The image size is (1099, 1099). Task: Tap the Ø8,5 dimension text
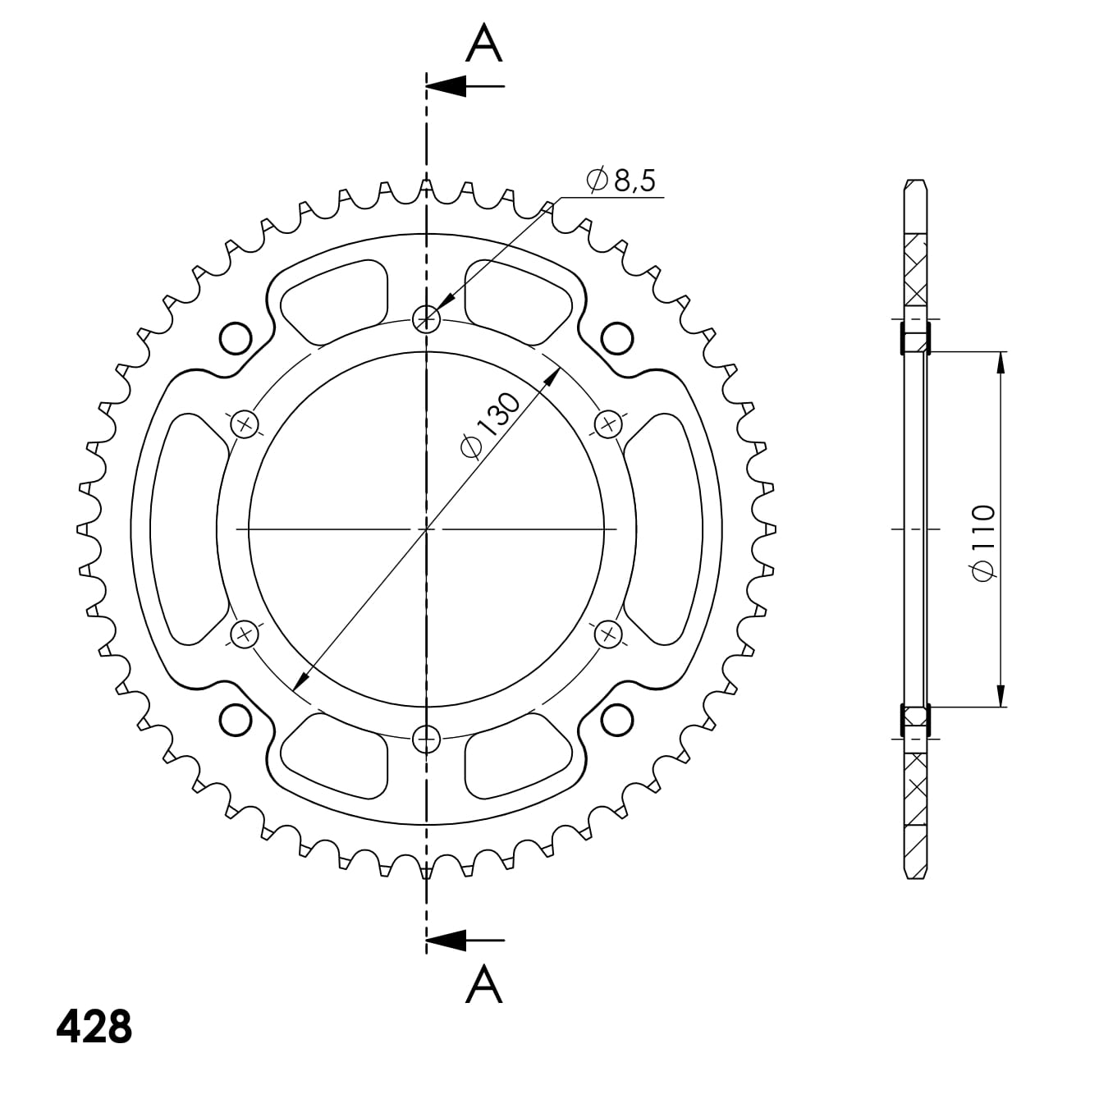coord(620,181)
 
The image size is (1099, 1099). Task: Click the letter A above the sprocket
coord(483,44)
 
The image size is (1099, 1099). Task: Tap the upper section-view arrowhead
coord(446,86)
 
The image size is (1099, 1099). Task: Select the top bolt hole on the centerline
coord(426,318)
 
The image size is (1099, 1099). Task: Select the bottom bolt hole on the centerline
coord(426,740)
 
